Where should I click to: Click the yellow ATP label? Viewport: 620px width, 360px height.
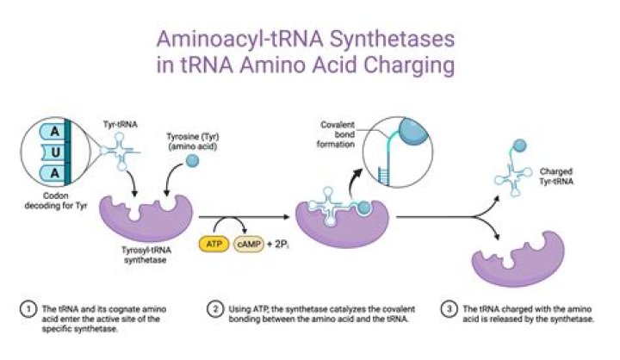[213, 244]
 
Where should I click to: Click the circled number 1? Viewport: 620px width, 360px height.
[29, 307]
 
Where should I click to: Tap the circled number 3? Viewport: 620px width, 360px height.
[449, 307]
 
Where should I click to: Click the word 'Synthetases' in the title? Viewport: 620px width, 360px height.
[383, 40]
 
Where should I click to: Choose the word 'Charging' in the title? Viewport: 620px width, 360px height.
[412, 66]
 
